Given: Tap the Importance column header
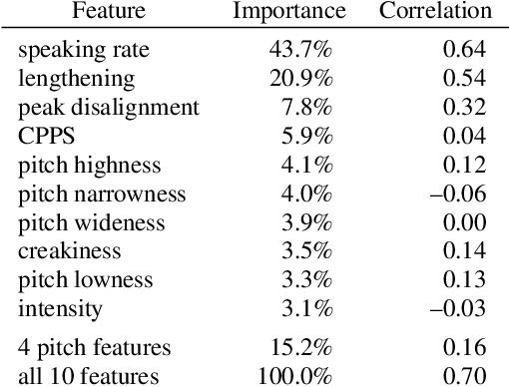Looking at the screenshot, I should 289,12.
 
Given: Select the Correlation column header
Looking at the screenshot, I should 435,12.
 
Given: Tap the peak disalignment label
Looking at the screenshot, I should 109,107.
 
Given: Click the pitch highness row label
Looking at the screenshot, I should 89,165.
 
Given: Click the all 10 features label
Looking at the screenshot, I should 89,376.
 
